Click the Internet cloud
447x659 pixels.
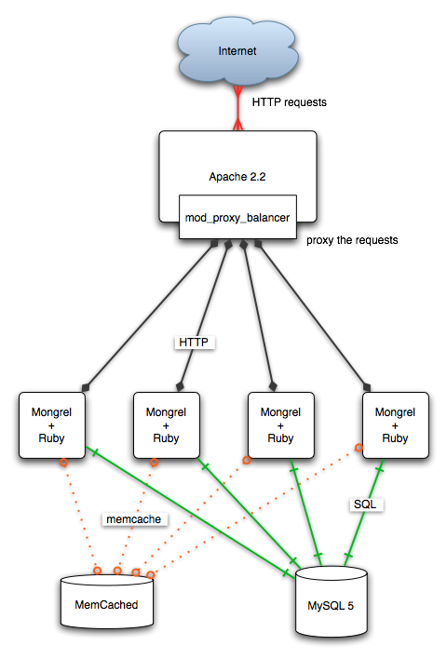[x=237, y=51]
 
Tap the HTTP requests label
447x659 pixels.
[x=290, y=102]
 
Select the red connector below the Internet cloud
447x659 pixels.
[x=238, y=108]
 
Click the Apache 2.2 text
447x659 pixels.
[x=237, y=177]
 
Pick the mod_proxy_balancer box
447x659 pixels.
[x=237, y=217]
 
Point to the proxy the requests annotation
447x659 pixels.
[x=352, y=240]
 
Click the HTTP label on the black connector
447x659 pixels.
[x=194, y=343]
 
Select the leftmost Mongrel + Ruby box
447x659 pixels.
[x=52, y=425]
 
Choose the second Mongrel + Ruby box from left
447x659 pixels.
[x=166, y=425]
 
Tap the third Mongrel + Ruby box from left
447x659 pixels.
[x=280, y=425]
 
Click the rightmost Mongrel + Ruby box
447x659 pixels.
[x=395, y=425]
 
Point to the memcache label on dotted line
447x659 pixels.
[x=134, y=519]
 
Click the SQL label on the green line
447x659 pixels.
[x=365, y=504]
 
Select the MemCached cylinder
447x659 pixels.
[x=107, y=602]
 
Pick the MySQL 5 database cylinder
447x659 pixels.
[x=331, y=602]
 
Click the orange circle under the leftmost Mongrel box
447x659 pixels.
[x=63, y=463]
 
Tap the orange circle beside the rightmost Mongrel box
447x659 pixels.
[x=359, y=448]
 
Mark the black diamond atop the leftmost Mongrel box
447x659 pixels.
[x=86, y=386]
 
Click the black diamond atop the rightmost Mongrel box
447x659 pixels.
[x=367, y=386]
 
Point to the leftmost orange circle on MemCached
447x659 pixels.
[x=98, y=571]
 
